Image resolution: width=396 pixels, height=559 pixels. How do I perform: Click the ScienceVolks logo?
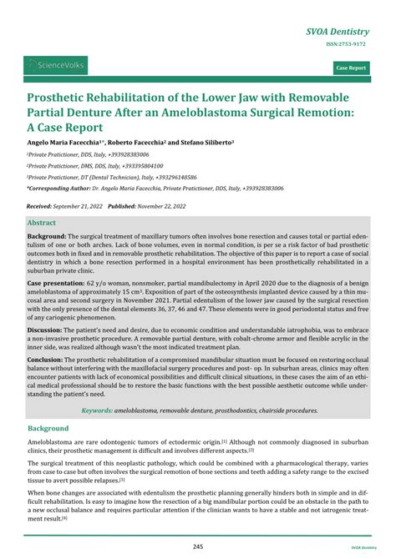point(56,64)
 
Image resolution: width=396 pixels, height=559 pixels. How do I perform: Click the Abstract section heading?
point(43,224)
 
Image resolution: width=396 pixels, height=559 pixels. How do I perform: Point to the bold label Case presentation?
point(55,284)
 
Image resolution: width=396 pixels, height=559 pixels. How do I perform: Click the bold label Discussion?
point(45,330)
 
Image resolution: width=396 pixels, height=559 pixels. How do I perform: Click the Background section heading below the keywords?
point(49,427)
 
